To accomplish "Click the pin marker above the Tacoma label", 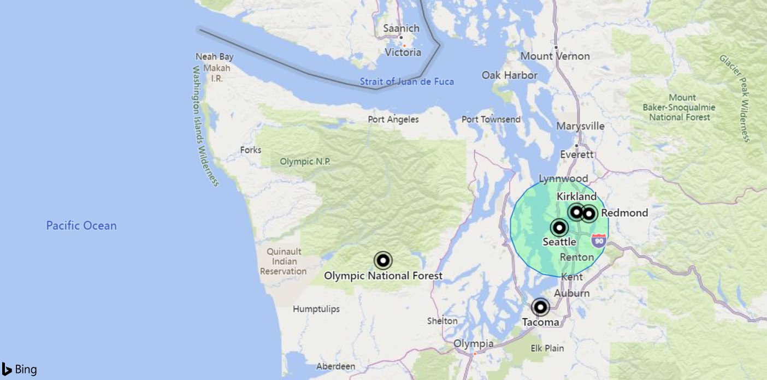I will (x=540, y=307).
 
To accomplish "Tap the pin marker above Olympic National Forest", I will (x=383, y=260).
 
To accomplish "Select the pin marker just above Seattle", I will (x=559, y=228).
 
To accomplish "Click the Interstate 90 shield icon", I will (x=599, y=240).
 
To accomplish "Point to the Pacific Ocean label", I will (x=81, y=225).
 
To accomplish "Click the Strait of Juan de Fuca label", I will (x=406, y=82).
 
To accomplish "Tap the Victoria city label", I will (x=403, y=52).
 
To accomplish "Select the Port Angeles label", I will (x=393, y=119).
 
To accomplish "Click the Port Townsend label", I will (x=491, y=119).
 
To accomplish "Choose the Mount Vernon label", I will (x=555, y=56).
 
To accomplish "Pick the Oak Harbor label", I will (x=510, y=75).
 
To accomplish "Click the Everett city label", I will (x=577, y=155).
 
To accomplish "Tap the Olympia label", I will (x=474, y=344).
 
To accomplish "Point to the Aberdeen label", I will (x=335, y=366).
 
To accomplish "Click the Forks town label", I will (x=251, y=150).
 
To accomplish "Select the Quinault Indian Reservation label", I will (x=284, y=262).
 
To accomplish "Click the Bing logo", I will (x=20, y=370).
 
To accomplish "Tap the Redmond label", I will (x=624, y=213).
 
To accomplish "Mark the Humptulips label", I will (x=316, y=309).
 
